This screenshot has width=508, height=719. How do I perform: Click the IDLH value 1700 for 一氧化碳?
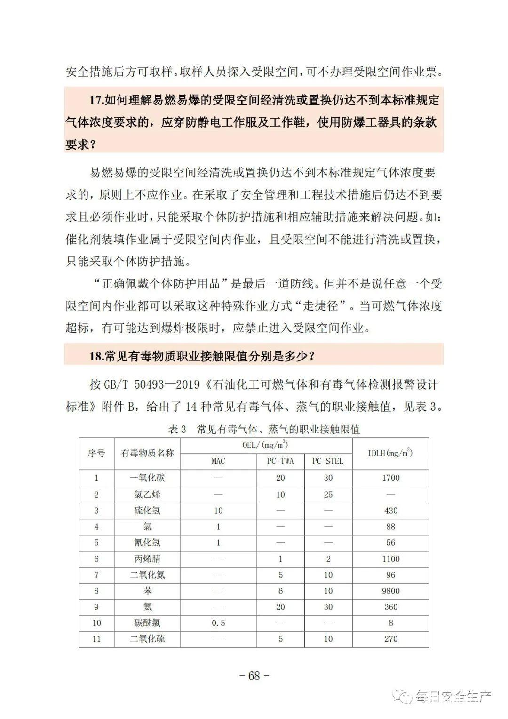pyautogui.click(x=390, y=478)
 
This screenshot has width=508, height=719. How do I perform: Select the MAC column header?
pyautogui.click(x=218, y=461)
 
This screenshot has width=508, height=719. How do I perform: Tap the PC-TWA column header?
pyautogui.click(x=280, y=461)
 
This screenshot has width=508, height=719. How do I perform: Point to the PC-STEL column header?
pyautogui.click(x=328, y=461)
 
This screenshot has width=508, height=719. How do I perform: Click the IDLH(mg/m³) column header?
pyautogui.click(x=390, y=453)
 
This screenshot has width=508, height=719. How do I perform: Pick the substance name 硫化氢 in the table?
pyautogui.click(x=147, y=511)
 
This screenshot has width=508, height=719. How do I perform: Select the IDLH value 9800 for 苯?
pyautogui.click(x=390, y=591)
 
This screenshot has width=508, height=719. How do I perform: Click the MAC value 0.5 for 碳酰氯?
pyautogui.click(x=218, y=623)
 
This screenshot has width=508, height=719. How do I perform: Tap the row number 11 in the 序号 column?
pyautogui.click(x=96, y=639)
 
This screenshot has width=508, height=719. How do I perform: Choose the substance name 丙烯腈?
pyautogui.click(x=147, y=559)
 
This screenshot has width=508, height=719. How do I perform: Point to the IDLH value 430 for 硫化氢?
pyautogui.click(x=390, y=511)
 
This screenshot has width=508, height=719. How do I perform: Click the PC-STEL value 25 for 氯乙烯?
pyautogui.click(x=328, y=495)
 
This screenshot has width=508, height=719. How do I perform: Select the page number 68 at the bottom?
pyautogui.click(x=254, y=676)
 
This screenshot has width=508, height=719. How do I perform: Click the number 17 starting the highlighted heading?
pyautogui.click(x=95, y=100)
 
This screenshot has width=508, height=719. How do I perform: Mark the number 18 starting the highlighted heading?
pyautogui.click(x=95, y=356)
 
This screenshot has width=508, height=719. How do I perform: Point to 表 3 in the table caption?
pyautogui.click(x=177, y=429)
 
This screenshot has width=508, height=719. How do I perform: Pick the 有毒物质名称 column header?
pyautogui.click(x=147, y=453)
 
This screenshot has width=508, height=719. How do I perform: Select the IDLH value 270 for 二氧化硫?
pyautogui.click(x=390, y=639)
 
